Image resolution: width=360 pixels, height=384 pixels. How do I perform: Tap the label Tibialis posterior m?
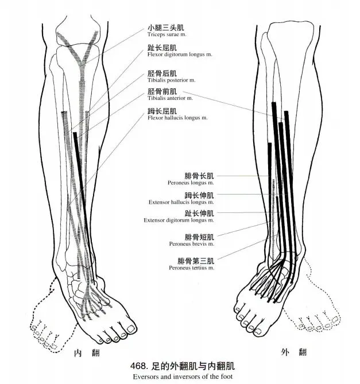(172, 80)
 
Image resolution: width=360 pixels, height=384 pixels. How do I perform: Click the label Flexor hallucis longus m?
(176, 118)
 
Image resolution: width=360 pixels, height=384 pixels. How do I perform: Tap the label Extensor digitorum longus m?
(179, 220)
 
